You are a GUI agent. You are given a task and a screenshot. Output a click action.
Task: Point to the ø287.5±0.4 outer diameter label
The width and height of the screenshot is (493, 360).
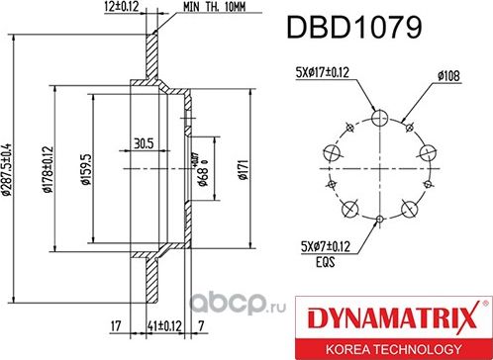point(8,168)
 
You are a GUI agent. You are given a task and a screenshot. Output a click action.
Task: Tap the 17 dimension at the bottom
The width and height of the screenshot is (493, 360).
point(116,324)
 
